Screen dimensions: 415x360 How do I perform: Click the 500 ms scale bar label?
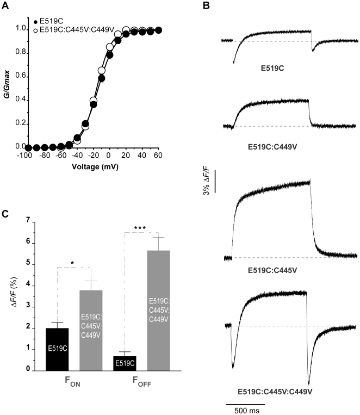[246, 410]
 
